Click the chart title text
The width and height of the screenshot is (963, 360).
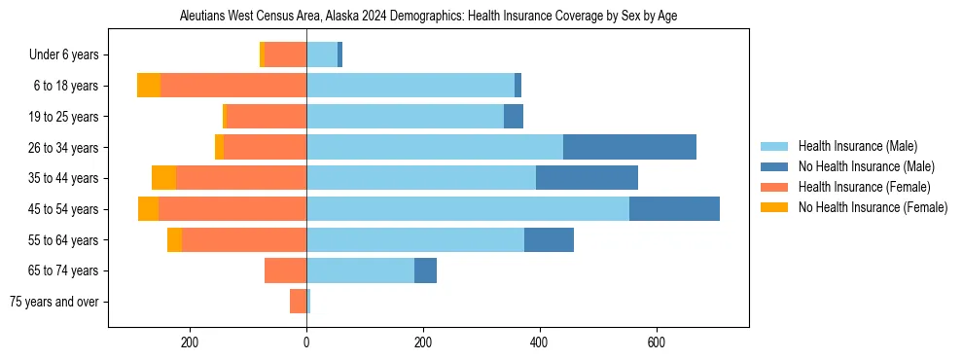point(428,17)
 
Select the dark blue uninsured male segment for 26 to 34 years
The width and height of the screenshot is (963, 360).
point(629,147)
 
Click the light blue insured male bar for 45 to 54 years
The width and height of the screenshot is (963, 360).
point(468,209)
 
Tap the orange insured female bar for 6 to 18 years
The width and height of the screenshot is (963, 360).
point(233,86)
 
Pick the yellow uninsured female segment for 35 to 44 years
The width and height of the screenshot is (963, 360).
point(163,178)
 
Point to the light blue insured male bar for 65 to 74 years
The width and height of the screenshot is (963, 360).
point(360,270)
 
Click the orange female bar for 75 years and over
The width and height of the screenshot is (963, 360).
point(298,302)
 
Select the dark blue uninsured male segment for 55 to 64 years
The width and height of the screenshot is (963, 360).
point(549,239)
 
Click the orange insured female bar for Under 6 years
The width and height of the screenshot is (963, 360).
point(285,54)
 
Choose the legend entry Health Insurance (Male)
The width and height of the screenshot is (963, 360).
point(851,146)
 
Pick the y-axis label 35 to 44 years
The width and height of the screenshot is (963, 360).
point(63,178)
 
